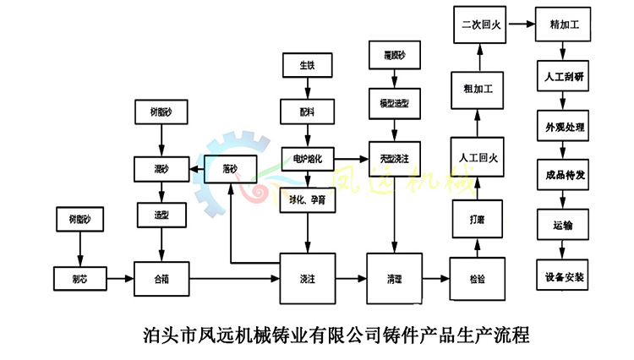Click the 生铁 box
tap(307, 65)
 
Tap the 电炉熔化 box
tap(308, 157)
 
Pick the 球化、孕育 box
tap(308, 200)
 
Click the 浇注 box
tap(308, 277)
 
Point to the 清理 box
tap(394, 277)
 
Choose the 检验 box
tap(478, 277)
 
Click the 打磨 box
tap(478, 219)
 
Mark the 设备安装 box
tap(565, 276)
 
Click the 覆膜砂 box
tap(394, 57)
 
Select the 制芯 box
tap(79, 277)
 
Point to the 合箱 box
tap(161, 277)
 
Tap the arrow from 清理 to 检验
tap(436, 277)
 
